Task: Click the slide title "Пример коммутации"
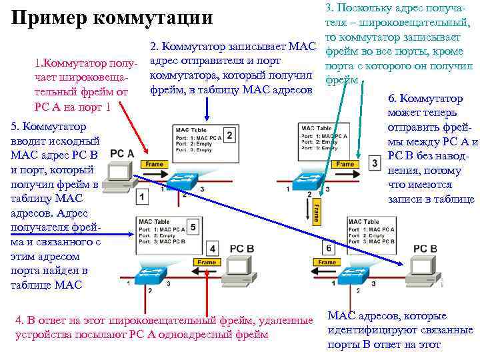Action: [112, 18]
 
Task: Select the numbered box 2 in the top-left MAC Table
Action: [229, 135]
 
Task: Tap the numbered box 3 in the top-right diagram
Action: [375, 163]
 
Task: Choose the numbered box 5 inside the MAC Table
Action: [193, 227]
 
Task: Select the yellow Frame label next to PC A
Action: [154, 164]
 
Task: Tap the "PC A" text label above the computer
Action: [122, 153]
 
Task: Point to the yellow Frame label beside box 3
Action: [345, 164]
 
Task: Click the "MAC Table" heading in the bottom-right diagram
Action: [363, 221]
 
